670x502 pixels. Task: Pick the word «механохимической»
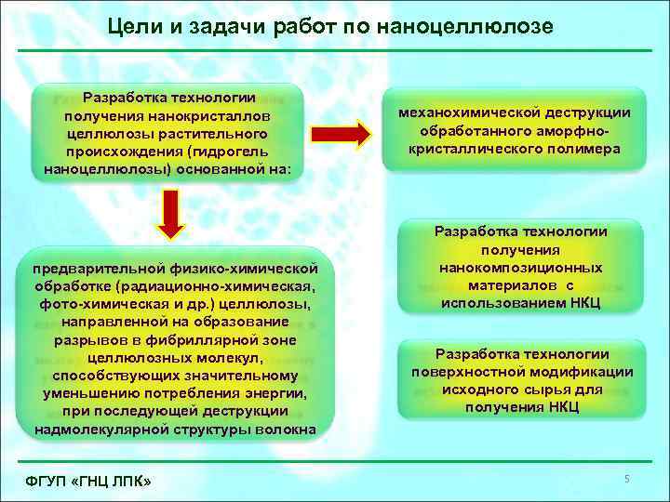pyautogui.click(x=462, y=112)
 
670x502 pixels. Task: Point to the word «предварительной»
pyautogui.click(x=90, y=269)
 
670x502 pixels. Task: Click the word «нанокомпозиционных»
pyautogui.click(x=521, y=268)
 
